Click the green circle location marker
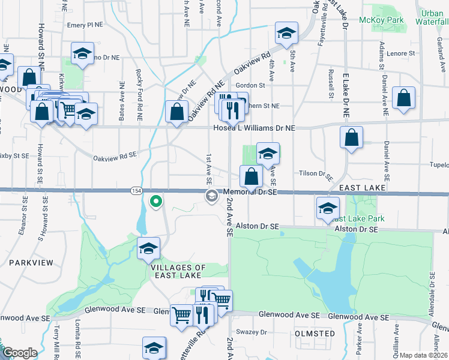coord(156,202)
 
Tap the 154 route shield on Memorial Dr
coord(137,191)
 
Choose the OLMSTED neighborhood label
coord(315,333)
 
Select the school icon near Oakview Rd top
coord(287,34)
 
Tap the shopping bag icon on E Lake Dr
coord(351,137)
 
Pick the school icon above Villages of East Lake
coord(148,249)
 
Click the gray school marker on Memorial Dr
coord(211,196)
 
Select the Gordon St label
coord(250,86)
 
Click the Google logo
coord(19,353)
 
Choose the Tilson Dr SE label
coord(316,173)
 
